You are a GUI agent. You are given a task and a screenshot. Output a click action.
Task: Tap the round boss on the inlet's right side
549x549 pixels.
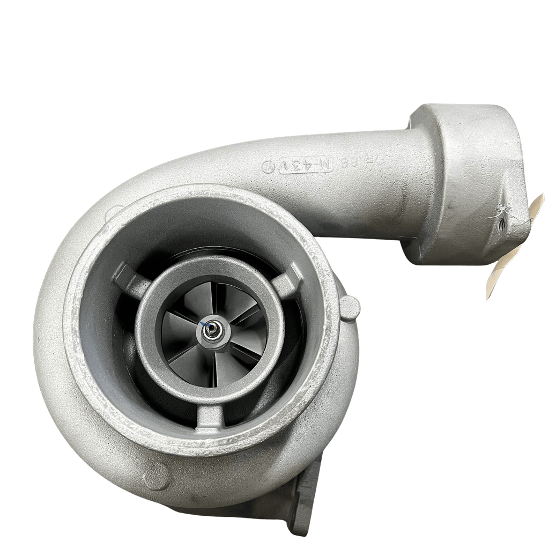point(351,308)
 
